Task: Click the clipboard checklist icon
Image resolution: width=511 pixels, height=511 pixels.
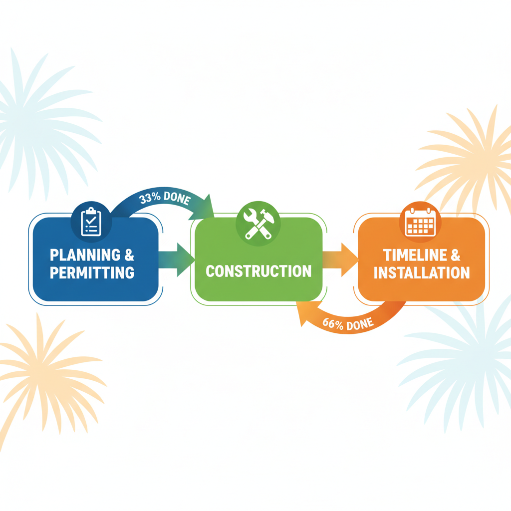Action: click(x=90, y=222)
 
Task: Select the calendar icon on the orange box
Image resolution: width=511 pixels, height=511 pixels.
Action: click(x=420, y=221)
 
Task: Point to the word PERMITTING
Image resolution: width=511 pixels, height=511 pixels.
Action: click(x=92, y=273)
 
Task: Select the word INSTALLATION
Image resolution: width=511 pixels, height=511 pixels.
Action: click(x=422, y=273)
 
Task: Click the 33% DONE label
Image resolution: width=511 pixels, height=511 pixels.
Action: click(x=165, y=199)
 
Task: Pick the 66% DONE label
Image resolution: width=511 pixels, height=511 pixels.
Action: click(x=348, y=324)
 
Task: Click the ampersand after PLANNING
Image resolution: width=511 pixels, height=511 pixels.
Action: click(x=129, y=255)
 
